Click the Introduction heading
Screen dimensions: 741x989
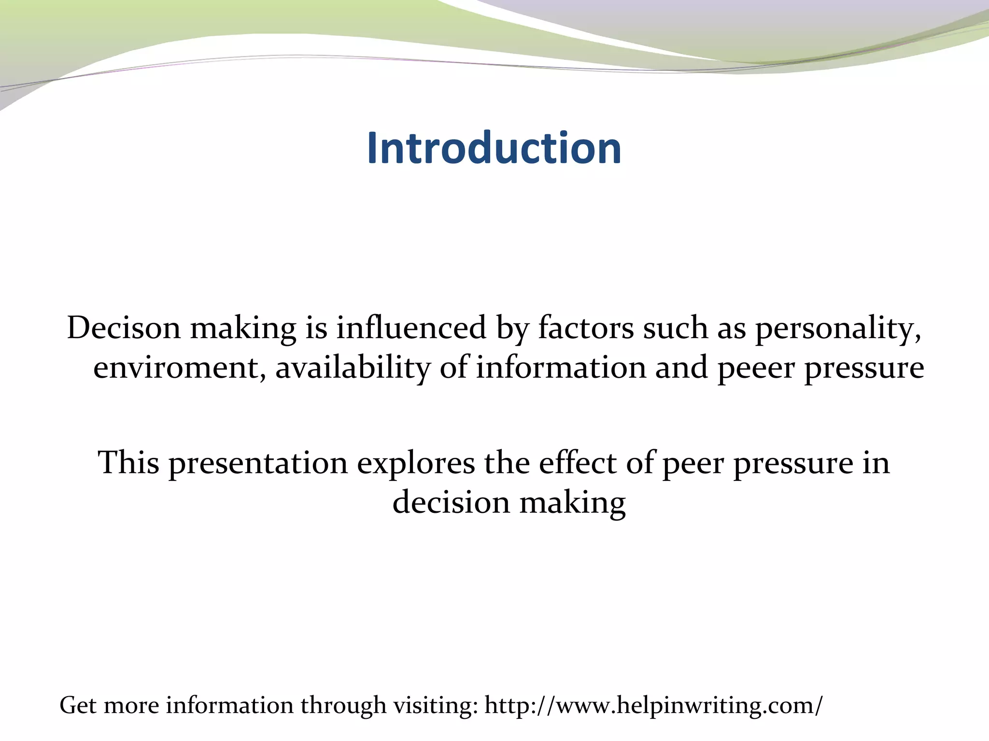click(494, 148)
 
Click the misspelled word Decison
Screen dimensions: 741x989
click(124, 328)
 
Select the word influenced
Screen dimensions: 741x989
click(411, 328)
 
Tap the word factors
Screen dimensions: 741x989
click(585, 328)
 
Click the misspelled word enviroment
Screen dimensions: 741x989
click(179, 368)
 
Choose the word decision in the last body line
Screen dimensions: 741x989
click(451, 503)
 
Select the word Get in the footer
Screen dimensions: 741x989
click(78, 705)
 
